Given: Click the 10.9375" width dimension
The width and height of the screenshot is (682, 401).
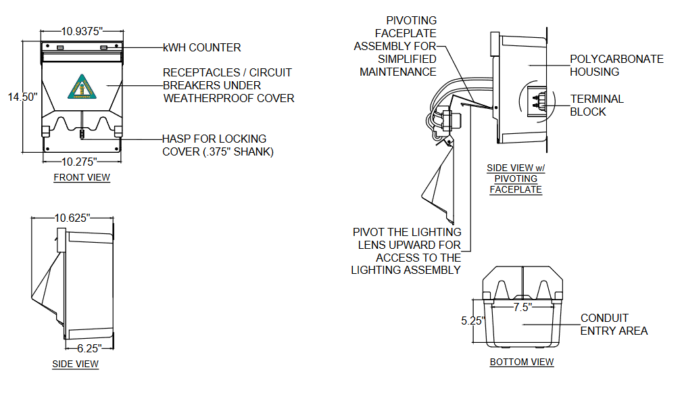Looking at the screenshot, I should pos(81,31).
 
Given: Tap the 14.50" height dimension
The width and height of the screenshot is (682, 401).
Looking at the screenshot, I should pos(22,97).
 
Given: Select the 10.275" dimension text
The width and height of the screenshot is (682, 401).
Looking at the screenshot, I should pos(80,162).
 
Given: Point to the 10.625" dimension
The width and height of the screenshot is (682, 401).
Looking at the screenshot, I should pos(72,218).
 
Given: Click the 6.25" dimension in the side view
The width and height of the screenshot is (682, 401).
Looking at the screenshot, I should pos(88,348).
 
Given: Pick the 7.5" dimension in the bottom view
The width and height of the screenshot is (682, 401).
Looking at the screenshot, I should pos(521,306).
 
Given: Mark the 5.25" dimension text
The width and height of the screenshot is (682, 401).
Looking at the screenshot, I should pos(473,321).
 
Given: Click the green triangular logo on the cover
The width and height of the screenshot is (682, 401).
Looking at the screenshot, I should pos(79,87).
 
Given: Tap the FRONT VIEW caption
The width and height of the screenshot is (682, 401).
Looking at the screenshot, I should pos(81,178).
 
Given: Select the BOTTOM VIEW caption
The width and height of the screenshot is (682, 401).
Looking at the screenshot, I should pos(521,362).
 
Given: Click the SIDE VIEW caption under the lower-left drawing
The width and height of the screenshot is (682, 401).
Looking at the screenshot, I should pos(75,364).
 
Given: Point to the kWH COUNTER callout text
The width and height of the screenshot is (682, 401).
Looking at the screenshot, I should pos(201,48).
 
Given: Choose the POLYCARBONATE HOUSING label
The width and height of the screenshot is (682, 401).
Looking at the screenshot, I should pos(616,66).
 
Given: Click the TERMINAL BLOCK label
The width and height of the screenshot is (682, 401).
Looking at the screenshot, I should pos(596,105).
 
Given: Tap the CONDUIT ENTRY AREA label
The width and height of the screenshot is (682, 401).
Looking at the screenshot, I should pos(613,325).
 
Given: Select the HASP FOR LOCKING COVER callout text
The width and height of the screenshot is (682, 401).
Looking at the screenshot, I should pos(217,145).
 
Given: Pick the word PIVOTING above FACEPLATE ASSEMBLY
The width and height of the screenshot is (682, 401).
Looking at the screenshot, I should pos(411,21).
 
